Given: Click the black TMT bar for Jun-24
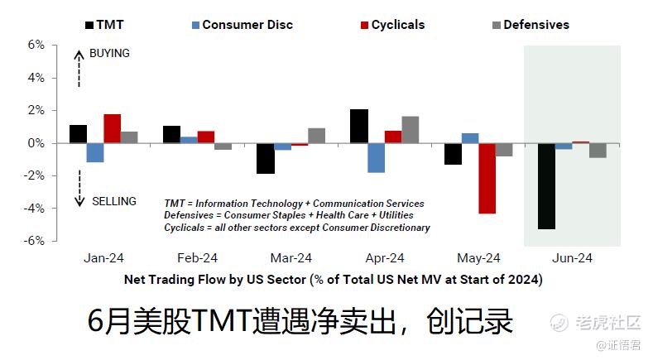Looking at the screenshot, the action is click(x=546, y=186).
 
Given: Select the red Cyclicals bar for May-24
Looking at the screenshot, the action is click(x=487, y=178).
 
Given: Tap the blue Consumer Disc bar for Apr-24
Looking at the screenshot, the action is click(x=376, y=158).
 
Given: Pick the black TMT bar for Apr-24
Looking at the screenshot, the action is click(x=359, y=127).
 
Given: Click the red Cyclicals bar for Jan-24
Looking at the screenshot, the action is click(x=113, y=129).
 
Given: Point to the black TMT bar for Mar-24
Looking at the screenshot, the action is click(x=266, y=158).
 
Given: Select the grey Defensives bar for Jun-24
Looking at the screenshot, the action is click(x=598, y=151).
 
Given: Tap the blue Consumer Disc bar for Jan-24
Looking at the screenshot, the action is click(x=95, y=152).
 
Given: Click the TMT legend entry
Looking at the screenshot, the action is click(x=104, y=25).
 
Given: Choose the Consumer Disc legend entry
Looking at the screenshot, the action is click(x=242, y=25).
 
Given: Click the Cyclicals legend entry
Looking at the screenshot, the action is click(x=393, y=25).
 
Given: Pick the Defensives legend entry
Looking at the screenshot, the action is click(x=531, y=25).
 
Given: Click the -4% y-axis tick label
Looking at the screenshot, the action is click(x=34, y=209).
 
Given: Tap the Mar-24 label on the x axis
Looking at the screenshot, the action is click(x=291, y=258).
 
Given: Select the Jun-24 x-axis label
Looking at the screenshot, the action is click(x=572, y=258).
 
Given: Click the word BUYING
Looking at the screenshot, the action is click(x=109, y=53).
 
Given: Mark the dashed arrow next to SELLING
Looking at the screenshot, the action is click(x=79, y=189).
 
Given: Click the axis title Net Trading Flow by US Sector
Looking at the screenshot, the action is click(x=215, y=279).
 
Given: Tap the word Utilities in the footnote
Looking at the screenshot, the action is click(x=396, y=215).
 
